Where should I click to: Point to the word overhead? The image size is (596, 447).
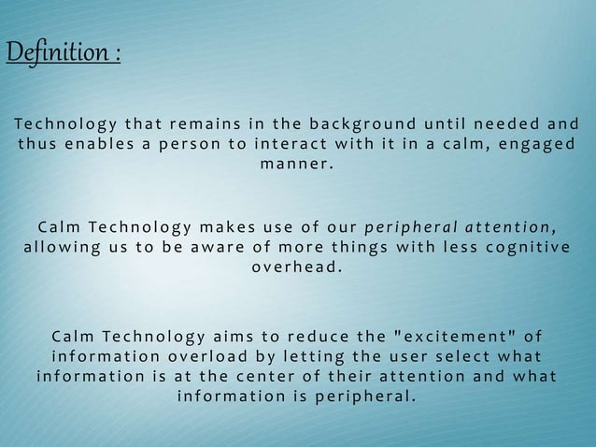point(296,268)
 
